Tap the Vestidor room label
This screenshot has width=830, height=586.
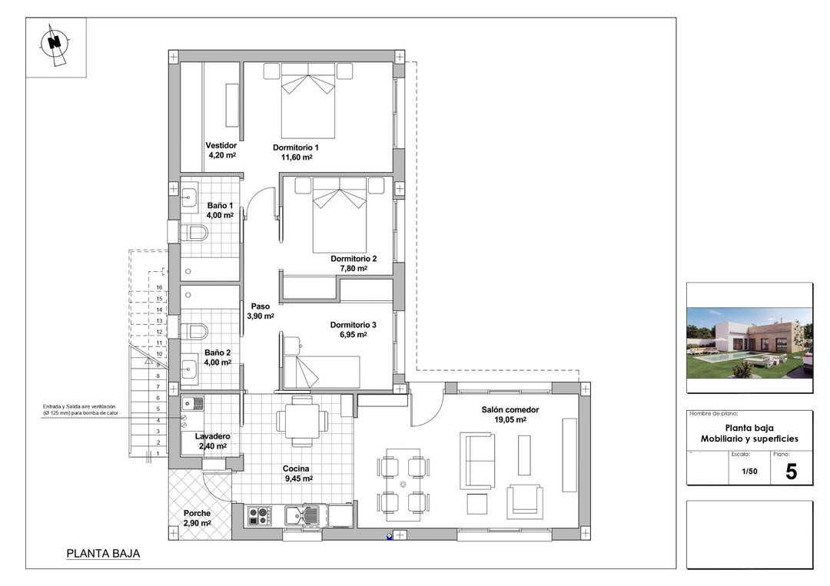(221, 145)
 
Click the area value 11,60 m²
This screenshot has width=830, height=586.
(297, 157)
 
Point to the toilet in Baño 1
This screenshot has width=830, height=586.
(195, 232)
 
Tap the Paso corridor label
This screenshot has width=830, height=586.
(260, 306)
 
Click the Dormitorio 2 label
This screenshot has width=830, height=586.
(354, 259)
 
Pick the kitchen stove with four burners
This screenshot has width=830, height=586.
(259, 515)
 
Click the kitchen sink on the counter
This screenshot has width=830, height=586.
(304, 515)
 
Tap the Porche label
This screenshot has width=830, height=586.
(197, 513)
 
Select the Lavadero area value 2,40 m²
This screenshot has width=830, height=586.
(212, 446)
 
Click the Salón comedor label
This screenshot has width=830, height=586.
(510, 410)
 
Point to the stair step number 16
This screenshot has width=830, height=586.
(159, 288)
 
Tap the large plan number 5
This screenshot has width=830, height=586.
(791, 472)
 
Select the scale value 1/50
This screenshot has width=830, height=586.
(749, 472)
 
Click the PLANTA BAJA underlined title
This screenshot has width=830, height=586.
(103, 553)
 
